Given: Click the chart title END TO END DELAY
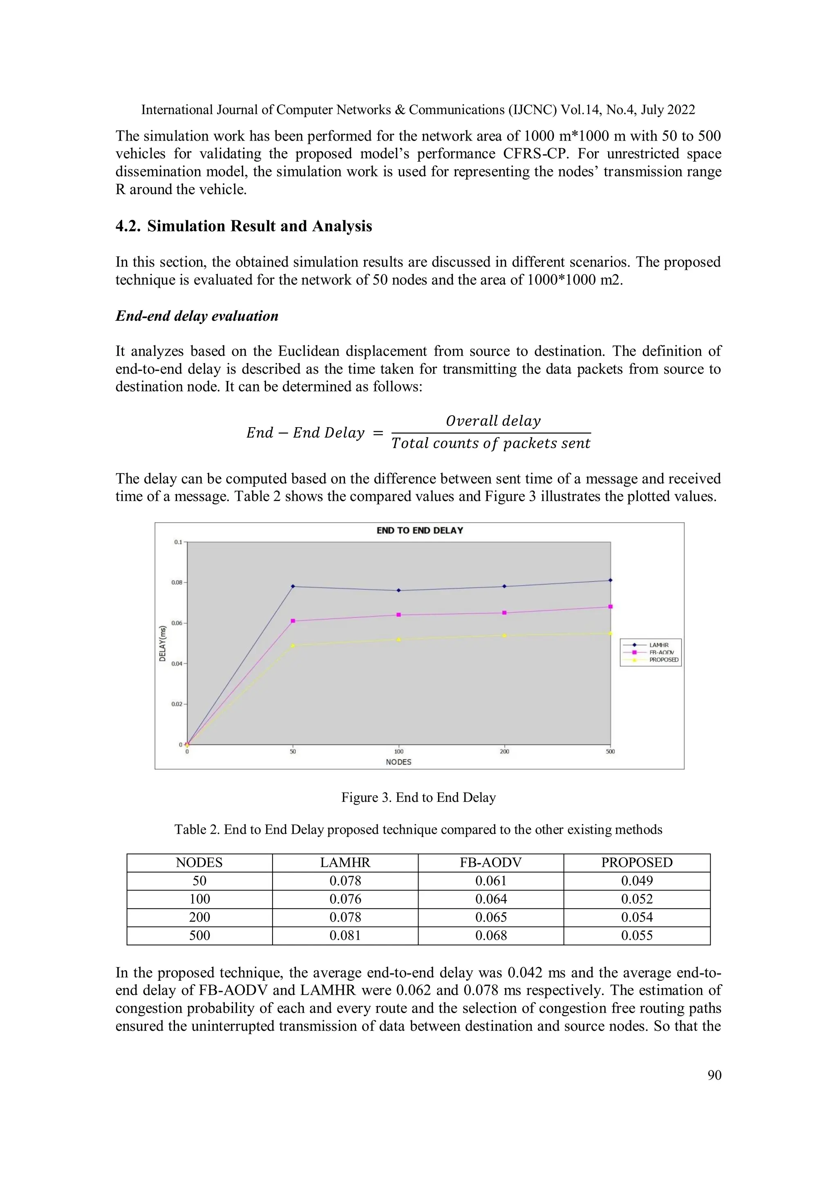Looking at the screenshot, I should click(x=419, y=530).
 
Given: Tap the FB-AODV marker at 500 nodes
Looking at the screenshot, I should click(x=611, y=607).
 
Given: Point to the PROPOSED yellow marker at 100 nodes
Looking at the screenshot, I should click(x=398, y=640).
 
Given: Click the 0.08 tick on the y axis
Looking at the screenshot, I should click(x=177, y=582).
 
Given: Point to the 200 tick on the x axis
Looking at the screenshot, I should click(x=504, y=751).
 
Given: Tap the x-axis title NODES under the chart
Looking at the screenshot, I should click(x=398, y=762).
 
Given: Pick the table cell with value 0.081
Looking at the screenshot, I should click(x=345, y=935).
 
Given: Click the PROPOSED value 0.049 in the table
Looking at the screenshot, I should click(x=636, y=880).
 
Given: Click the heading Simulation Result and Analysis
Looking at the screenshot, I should click(x=260, y=226).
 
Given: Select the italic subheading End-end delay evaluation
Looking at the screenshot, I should click(x=197, y=316).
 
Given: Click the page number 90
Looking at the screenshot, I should click(x=714, y=1075).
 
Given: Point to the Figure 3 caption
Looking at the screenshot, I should click(x=418, y=797).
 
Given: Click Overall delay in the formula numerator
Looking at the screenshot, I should click(x=493, y=421).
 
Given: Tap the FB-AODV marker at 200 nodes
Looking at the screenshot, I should click(x=504, y=613).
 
